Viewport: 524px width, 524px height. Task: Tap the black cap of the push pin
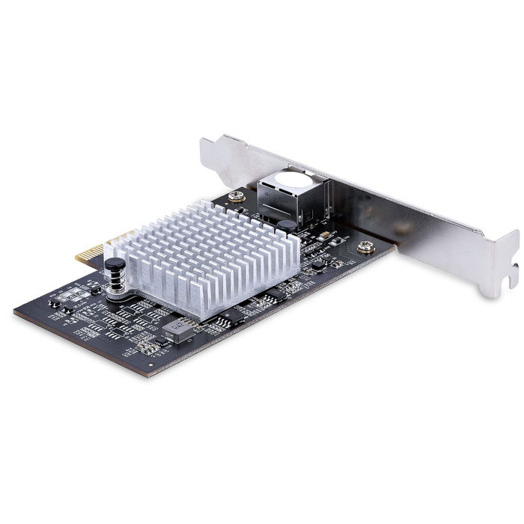(115, 264)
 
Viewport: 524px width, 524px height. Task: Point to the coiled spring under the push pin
(116, 284)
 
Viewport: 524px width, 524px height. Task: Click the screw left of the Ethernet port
(237, 198)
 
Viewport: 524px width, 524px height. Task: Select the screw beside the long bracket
(365, 246)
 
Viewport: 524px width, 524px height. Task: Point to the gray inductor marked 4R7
(178, 329)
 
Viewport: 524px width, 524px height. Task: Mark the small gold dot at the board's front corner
(150, 367)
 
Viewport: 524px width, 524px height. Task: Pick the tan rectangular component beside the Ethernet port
(326, 235)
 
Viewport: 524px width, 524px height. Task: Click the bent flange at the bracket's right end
(502, 255)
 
